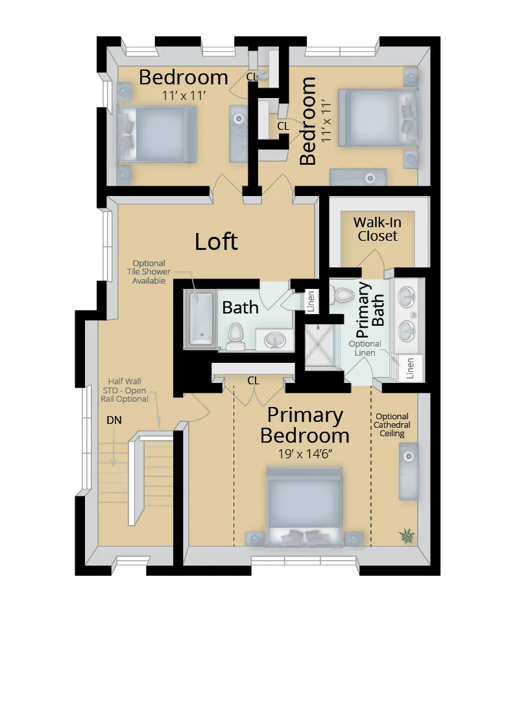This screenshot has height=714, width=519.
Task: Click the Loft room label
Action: coord(217,241)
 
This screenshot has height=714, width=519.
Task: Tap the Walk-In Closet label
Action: coord(377,229)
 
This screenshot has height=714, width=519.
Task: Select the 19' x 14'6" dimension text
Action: coord(304,454)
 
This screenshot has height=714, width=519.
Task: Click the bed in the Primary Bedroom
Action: coord(304,506)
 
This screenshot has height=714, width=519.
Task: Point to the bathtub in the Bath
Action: coord(200,317)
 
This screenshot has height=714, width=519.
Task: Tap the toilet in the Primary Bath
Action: coord(343,295)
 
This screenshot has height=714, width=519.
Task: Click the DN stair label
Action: coord(114,420)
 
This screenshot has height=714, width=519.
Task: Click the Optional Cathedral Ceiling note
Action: coord(392,425)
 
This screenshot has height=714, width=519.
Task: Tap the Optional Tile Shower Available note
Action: coord(149,272)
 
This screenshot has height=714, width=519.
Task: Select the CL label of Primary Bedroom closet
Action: coord(253,381)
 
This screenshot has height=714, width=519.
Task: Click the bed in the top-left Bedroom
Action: coord(156,134)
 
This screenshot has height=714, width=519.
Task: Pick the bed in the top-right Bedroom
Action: coord(377,117)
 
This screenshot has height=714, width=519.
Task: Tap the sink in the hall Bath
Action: coord(275,339)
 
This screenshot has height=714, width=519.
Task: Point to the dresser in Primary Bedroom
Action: coord(408,471)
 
